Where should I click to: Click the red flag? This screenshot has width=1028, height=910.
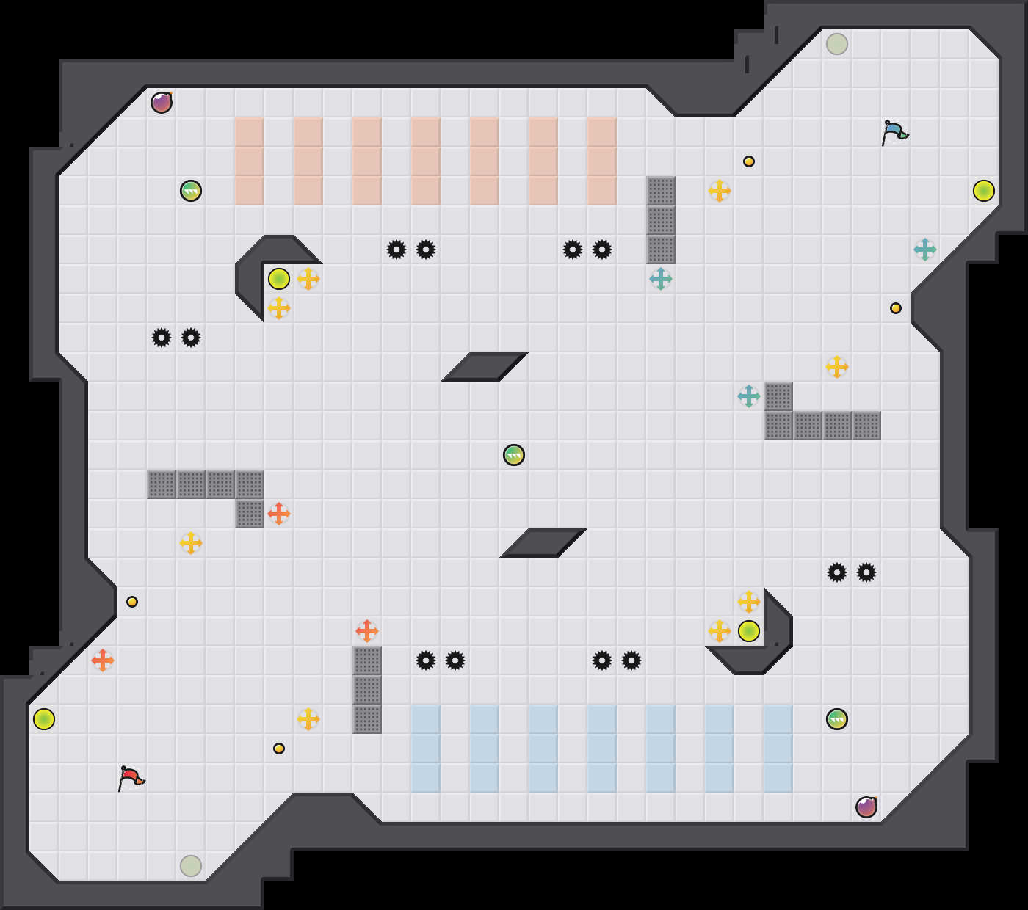click(131, 778)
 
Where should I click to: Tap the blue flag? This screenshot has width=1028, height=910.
click(894, 133)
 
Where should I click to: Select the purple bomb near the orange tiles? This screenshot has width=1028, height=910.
click(162, 103)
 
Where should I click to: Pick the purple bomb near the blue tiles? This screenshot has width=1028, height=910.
click(866, 807)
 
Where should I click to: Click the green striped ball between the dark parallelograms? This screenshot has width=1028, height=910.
click(514, 455)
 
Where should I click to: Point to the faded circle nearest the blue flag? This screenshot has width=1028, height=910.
click(837, 44)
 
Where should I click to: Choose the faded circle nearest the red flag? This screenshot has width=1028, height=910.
click(191, 866)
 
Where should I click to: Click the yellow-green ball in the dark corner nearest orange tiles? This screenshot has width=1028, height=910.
click(279, 279)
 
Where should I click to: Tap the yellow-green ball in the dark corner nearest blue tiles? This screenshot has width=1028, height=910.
click(749, 631)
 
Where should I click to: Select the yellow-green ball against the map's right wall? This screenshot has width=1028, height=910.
click(984, 191)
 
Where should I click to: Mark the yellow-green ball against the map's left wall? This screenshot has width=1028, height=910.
click(44, 719)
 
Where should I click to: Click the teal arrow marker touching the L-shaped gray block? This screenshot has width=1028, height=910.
click(749, 396)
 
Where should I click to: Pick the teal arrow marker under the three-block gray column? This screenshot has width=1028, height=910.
click(661, 279)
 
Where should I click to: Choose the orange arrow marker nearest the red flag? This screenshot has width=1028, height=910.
click(103, 660)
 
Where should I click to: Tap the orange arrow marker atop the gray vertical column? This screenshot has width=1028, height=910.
click(367, 631)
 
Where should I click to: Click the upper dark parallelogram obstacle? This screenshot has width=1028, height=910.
click(485, 367)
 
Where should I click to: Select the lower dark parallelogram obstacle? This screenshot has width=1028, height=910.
click(543, 543)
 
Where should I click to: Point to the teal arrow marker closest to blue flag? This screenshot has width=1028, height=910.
click(925, 250)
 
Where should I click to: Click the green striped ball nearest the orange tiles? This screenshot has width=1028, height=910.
click(191, 191)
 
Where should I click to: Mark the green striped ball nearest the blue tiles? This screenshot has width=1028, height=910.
click(837, 719)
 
